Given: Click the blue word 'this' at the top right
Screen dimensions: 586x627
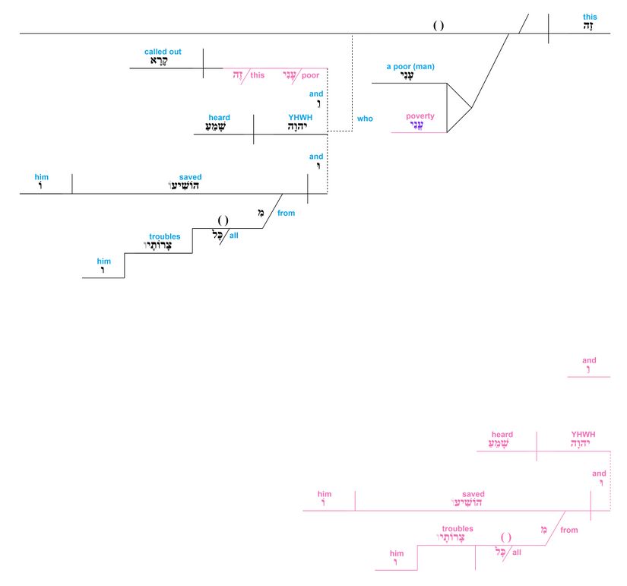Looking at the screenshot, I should click(590, 16).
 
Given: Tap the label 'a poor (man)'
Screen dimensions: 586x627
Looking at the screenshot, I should click(410, 67).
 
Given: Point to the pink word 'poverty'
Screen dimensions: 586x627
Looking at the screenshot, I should click(420, 116).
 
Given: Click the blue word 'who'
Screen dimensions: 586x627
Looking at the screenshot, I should click(365, 119).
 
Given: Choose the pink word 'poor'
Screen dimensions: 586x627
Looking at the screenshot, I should click(310, 75).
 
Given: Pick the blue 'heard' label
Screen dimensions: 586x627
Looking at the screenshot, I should click(220, 118).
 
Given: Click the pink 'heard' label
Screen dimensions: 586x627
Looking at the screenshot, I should click(502, 435).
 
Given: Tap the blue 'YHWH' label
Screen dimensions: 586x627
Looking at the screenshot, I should click(300, 118).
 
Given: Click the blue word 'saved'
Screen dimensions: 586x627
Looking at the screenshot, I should click(190, 177).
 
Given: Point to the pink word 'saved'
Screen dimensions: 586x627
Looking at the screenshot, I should click(473, 494).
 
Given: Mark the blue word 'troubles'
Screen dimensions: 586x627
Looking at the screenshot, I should click(165, 237).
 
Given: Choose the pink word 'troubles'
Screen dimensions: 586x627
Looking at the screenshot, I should click(458, 528).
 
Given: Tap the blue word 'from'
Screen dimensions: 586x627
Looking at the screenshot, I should click(286, 214).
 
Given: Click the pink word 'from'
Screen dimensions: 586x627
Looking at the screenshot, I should click(569, 530).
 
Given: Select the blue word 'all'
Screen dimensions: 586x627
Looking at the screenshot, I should click(234, 236).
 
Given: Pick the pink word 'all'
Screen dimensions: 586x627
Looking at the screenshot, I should click(517, 553).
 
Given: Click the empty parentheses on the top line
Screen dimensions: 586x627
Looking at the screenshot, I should click(439, 26).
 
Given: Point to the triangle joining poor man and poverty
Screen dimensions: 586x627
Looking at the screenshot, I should click(457, 108).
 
